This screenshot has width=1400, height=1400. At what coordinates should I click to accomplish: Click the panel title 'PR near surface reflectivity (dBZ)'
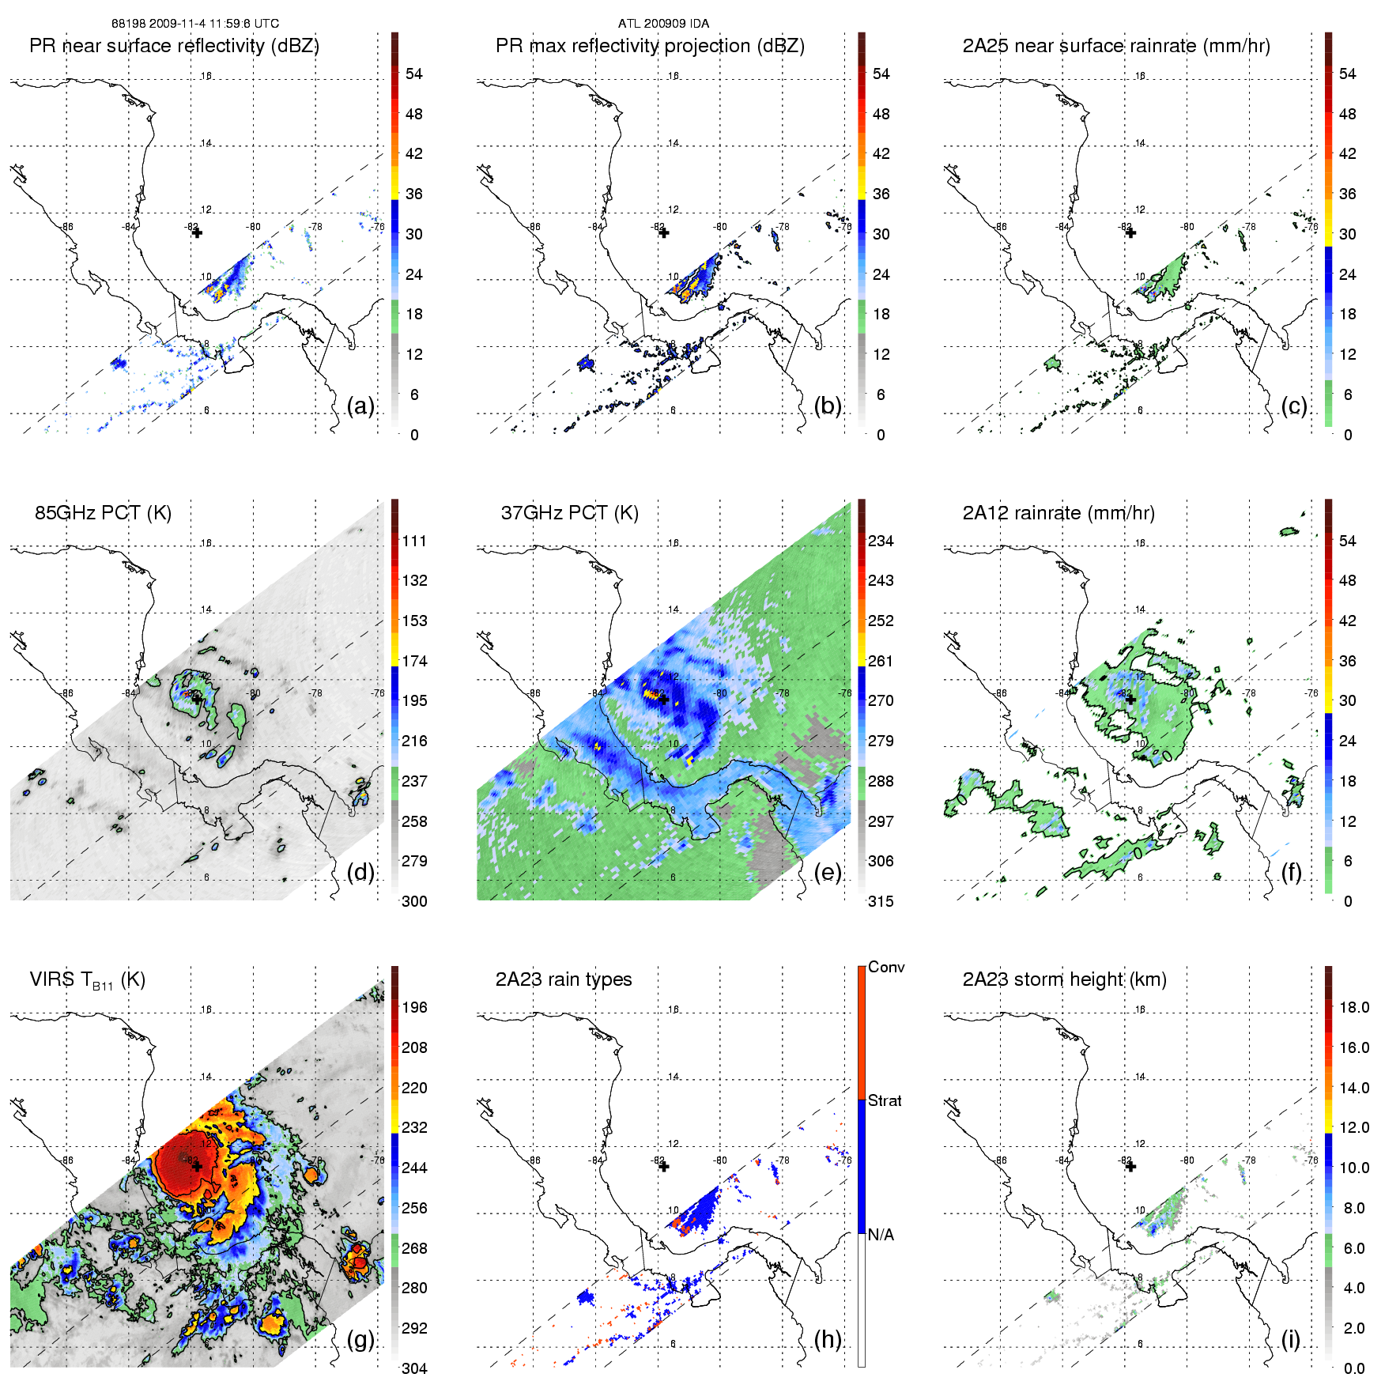(x=174, y=46)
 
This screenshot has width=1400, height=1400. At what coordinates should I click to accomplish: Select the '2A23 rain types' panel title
(x=564, y=979)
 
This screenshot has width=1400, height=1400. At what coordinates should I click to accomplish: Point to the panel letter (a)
(x=360, y=406)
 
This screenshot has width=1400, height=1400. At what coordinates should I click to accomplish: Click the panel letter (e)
(x=828, y=872)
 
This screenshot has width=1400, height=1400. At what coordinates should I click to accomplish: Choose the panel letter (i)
(x=1290, y=1339)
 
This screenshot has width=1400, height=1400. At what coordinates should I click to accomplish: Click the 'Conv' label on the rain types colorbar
(x=886, y=967)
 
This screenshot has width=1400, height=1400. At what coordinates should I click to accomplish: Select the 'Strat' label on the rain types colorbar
(x=885, y=1100)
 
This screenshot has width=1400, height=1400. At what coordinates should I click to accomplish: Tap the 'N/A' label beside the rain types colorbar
(x=881, y=1235)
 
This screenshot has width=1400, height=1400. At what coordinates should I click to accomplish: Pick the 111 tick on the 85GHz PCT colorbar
(x=414, y=541)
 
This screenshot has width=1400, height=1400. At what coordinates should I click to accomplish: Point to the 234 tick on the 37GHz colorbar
(x=881, y=541)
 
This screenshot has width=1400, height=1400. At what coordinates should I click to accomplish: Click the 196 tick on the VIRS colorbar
(x=414, y=1007)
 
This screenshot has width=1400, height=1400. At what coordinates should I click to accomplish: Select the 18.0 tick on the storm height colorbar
(x=1354, y=1007)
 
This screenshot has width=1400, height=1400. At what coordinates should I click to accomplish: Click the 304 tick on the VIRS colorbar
(x=414, y=1368)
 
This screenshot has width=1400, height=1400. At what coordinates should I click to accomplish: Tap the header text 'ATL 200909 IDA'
(x=663, y=24)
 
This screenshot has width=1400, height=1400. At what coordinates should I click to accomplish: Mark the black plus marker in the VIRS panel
(x=197, y=1166)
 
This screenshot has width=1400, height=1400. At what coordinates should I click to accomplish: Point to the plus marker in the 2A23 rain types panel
(x=664, y=1166)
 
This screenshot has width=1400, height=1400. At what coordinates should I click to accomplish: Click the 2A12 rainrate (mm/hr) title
(x=1058, y=513)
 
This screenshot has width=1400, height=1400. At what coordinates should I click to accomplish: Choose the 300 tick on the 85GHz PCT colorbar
(x=414, y=901)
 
